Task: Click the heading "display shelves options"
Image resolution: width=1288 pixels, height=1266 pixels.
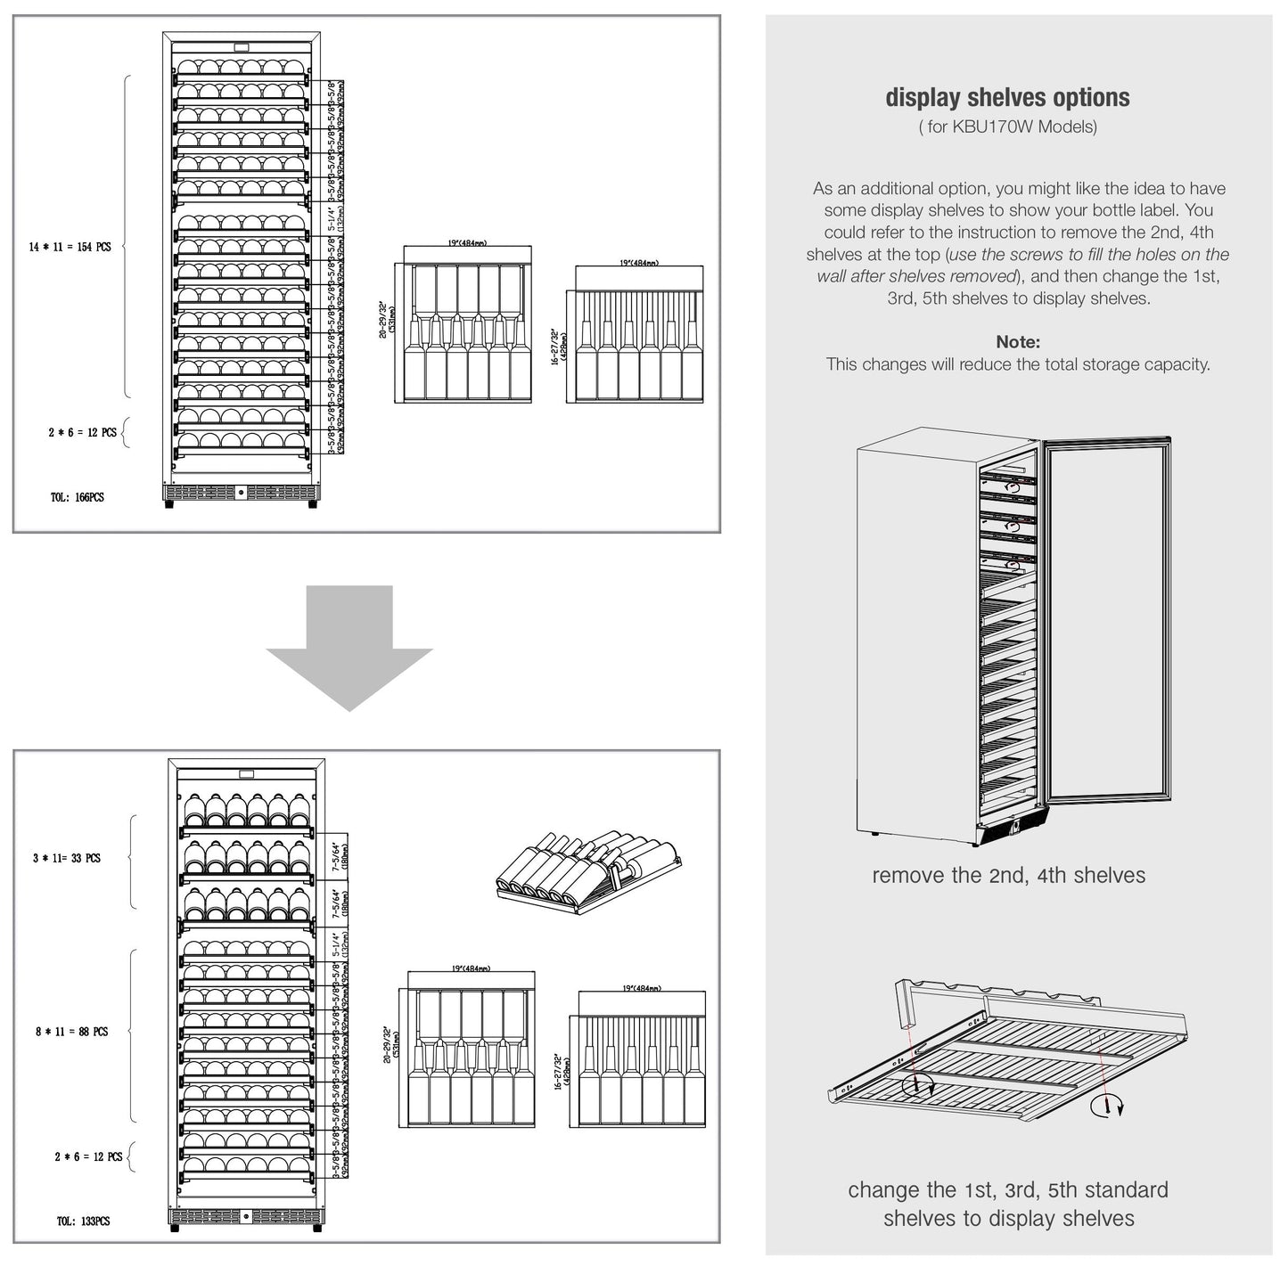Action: pyautogui.click(x=1007, y=98)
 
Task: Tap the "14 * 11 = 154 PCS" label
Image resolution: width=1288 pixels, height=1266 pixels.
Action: pyautogui.click(x=70, y=247)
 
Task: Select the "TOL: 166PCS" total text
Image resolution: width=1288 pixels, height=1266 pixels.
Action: pyautogui.click(x=77, y=497)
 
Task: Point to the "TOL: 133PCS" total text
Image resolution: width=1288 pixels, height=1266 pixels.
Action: pyautogui.click(x=83, y=1221)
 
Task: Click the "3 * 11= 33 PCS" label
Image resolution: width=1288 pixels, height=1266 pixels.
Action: pyautogui.click(x=67, y=859)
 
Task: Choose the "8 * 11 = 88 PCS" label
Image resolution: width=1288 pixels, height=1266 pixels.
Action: pyautogui.click(x=71, y=1032)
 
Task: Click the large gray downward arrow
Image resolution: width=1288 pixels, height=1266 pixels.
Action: pyautogui.click(x=349, y=647)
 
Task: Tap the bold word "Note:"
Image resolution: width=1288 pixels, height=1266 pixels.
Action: pyautogui.click(x=1018, y=342)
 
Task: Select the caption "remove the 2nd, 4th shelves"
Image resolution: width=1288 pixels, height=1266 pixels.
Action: pyautogui.click(x=1008, y=876)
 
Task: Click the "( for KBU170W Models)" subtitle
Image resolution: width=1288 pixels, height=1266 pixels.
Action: pyautogui.click(x=1007, y=127)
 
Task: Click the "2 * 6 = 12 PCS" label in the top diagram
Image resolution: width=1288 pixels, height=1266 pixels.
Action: pyautogui.click(x=82, y=433)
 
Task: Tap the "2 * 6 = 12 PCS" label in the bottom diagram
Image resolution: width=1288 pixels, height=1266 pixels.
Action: pyautogui.click(x=88, y=1156)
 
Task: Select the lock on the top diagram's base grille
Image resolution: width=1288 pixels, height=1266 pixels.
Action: pyautogui.click(x=240, y=493)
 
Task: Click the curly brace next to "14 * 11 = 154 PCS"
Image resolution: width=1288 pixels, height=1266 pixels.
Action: pyautogui.click(x=126, y=236)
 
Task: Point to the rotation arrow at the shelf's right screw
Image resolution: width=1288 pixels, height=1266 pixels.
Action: pyautogui.click(x=1118, y=1107)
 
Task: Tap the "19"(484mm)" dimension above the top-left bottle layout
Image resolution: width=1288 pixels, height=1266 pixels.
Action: pyautogui.click(x=468, y=243)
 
